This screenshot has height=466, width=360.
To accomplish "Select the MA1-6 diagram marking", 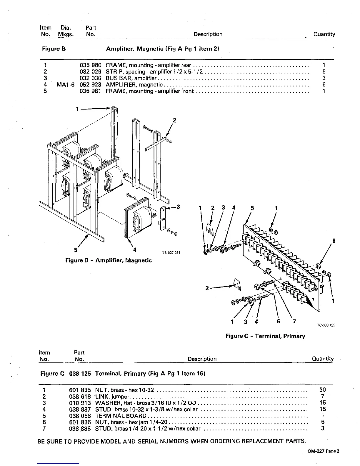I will [x=66, y=85].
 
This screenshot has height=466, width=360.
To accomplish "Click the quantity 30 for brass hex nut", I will [x=322, y=390].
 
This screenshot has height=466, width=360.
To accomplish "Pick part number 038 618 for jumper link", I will [x=80, y=397].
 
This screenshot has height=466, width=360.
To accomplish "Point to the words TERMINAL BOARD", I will [x=121, y=416].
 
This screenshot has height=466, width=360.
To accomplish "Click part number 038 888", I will [x=80, y=429].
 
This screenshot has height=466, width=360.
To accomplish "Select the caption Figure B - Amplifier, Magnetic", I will [x=108, y=260].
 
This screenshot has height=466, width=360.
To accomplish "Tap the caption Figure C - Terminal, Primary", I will [x=265, y=336].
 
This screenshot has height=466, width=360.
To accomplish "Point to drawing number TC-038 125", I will [x=326, y=325].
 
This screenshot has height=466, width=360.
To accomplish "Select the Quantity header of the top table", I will [x=324, y=34].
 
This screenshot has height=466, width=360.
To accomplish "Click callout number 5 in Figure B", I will [x=76, y=250].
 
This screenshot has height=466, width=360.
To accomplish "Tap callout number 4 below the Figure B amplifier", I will [x=134, y=250].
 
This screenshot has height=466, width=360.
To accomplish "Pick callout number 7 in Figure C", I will [x=294, y=321].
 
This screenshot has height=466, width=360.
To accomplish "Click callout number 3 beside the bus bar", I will [x=178, y=207].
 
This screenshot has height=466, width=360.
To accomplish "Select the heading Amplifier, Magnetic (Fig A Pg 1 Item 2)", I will [x=163, y=49].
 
